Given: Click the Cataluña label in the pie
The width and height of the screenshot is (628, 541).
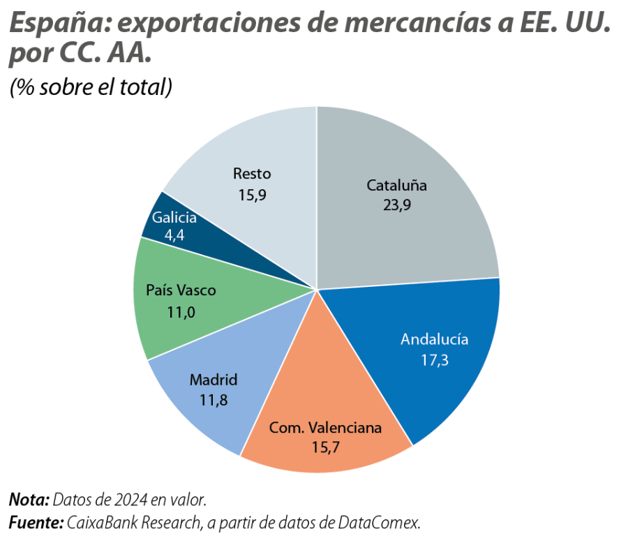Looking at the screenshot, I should point(396,186).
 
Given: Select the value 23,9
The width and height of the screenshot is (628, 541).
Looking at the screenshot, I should point(396,206).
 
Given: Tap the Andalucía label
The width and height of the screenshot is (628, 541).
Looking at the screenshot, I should point(434,340).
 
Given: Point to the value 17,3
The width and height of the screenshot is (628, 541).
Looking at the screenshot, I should point(434,360).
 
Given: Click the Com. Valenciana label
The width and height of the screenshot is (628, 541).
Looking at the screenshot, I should point(325,427).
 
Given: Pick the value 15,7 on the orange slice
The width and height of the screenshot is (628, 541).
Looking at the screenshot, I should point(325,447).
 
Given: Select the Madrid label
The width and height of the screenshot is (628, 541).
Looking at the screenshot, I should point(214,380).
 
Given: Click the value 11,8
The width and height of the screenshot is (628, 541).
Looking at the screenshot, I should point(214,400).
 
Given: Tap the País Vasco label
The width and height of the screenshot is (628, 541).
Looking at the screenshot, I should point(181,290).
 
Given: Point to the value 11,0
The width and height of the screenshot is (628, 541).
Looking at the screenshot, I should point(181,311).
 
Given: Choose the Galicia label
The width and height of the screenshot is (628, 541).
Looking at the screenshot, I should point(174,218).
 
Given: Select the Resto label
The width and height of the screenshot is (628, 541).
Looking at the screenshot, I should point(252,174).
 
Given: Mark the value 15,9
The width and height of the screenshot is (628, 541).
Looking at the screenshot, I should point(252,195).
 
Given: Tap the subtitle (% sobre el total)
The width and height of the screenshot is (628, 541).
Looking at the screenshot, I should point(90,87).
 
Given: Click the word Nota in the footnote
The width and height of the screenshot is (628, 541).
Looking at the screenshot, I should point(28,501).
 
